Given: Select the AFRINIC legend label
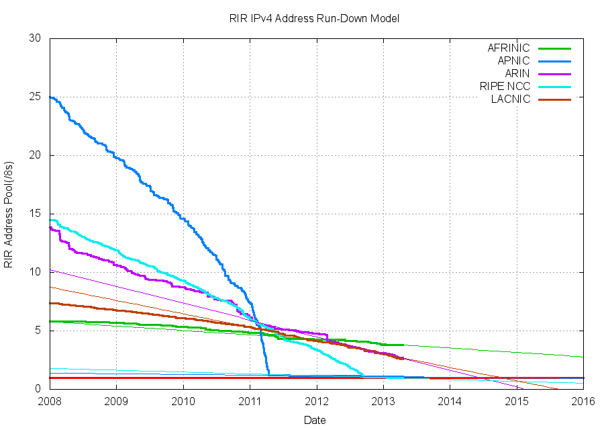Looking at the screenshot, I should click(x=508, y=48).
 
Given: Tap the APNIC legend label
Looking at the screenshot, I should click(x=513, y=61).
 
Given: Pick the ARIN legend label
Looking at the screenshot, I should click(x=517, y=74).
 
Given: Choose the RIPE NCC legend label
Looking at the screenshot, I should click(x=505, y=87).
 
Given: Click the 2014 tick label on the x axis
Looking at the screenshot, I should click(x=450, y=402).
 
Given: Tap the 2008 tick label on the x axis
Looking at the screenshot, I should click(x=50, y=402).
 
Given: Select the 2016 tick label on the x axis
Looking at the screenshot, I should click(x=583, y=402).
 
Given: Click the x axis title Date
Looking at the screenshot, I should click(x=315, y=420).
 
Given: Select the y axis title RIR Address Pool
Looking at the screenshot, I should click(x=9, y=214).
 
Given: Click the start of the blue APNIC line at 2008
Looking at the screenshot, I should click(x=51, y=97).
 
